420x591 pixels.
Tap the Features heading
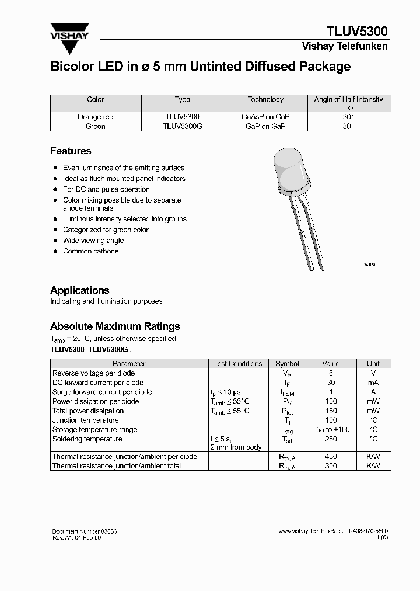point(71,151)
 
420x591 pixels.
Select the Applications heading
point(79,290)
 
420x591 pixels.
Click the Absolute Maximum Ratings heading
point(115,326)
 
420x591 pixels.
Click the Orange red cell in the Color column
point(95,117)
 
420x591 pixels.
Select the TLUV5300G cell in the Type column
point(182,126)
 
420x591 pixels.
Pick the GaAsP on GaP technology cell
point(265,117)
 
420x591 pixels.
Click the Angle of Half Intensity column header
point(348,100)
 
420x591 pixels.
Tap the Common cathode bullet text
point(90,251)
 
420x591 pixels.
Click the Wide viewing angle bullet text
point(93,241)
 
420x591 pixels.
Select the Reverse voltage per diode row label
point(93,373)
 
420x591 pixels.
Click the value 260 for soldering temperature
point(331,439)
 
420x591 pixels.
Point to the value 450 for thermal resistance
point(331,457)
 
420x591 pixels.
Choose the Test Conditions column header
point(238,364)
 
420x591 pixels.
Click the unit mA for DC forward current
point(373,383)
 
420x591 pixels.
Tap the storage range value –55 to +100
point(331,430)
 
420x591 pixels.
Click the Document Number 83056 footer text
point(84,531)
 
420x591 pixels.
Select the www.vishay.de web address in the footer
point(297,531)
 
